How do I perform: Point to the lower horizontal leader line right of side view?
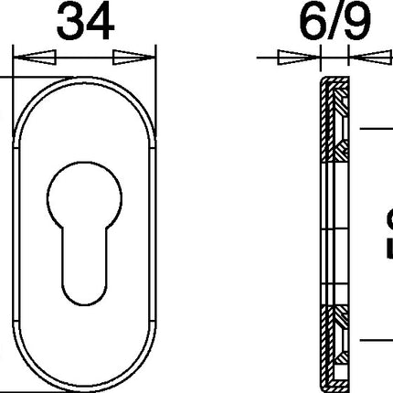point(375,339)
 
